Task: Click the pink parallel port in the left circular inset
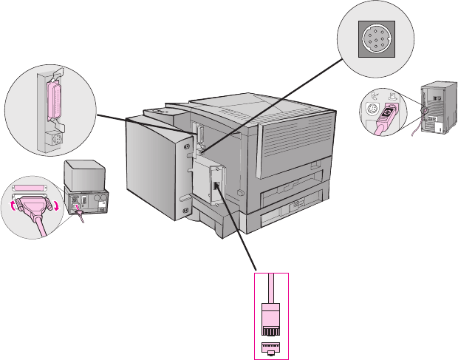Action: [55, 101]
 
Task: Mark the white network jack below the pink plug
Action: [272, 348]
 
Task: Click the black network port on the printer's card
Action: [216, 186]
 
